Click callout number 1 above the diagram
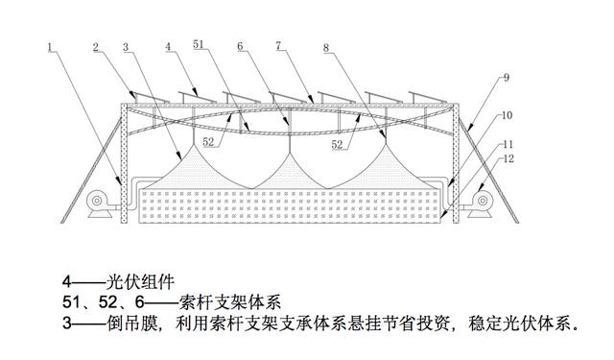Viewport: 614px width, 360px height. click(50, 45)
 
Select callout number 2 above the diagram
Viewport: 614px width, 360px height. click(97, 45)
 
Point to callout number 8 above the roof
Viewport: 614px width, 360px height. click(326, 45)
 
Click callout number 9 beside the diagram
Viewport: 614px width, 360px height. click(507, 77)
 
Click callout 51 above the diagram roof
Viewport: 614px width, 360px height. click(199, 45)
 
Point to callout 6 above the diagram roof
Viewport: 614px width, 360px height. click(241, 45)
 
